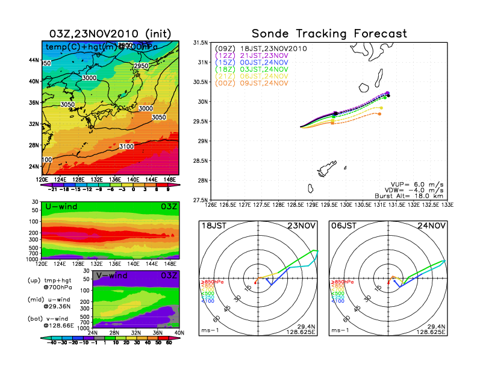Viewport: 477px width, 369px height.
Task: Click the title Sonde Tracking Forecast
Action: (x=329, y=34)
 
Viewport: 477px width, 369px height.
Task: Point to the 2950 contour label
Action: (x=141, y=66)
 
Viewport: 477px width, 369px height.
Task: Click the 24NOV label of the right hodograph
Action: (x=434, y=225)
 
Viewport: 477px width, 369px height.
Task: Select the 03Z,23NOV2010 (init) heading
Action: (x=110, y=34)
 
